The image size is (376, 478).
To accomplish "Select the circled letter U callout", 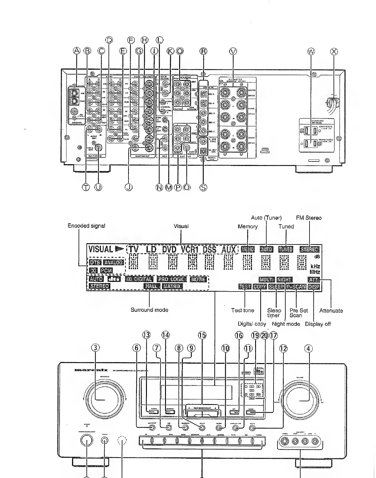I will (98, 187).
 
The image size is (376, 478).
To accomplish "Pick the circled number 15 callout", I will (202, 335).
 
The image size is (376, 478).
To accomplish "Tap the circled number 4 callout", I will (308, 348).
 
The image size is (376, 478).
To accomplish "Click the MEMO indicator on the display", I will (248, 249).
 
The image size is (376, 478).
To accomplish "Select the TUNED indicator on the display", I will (286, 249).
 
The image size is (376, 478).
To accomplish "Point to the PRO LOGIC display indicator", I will (171, 279).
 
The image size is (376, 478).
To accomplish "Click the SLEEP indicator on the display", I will (276, 287).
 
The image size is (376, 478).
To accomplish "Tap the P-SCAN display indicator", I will (296, 287).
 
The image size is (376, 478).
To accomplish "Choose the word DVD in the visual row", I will (169, 250).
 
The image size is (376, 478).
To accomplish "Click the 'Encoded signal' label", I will (86, 226).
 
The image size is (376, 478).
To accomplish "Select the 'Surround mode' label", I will (149, 310).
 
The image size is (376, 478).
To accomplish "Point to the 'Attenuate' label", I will (331, 311).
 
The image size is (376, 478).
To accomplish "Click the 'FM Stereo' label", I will (309, 218).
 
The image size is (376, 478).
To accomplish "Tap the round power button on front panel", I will (87, 441).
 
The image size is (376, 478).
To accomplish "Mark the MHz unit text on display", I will (316, 272).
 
